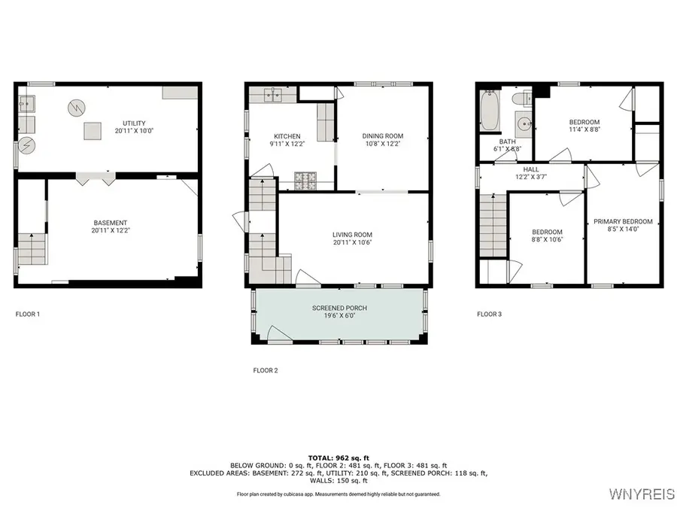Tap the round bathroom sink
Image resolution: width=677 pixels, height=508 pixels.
pos(524,123)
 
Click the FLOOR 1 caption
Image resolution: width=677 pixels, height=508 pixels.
pos(28,314)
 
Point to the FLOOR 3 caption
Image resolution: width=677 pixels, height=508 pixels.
pos(490,314)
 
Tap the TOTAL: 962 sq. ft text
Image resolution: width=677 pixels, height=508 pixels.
pos(338,458)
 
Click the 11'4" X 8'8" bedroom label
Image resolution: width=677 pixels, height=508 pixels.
pos(584,126)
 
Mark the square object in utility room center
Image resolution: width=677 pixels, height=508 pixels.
pos(93,131)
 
